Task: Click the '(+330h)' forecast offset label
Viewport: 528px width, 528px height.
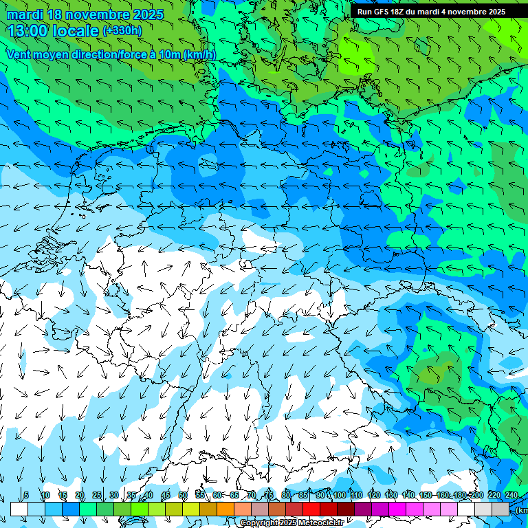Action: tap(122, 30)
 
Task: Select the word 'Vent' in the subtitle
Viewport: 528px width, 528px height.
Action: tap(20, 54)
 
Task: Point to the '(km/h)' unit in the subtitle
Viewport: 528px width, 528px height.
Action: tap(199, 54)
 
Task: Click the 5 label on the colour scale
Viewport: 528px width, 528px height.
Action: tap(26, 496)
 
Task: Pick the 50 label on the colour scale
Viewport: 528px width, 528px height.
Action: tap(182, 496)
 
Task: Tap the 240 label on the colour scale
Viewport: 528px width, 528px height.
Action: tap(511, 496)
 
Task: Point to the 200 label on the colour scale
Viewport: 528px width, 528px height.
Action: tap(477, 496)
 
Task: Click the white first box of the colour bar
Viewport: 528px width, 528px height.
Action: tap(19, 509)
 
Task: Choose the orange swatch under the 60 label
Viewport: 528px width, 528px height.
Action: tap(225, 509)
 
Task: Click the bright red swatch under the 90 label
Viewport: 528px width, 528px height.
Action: tap(311, 509)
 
